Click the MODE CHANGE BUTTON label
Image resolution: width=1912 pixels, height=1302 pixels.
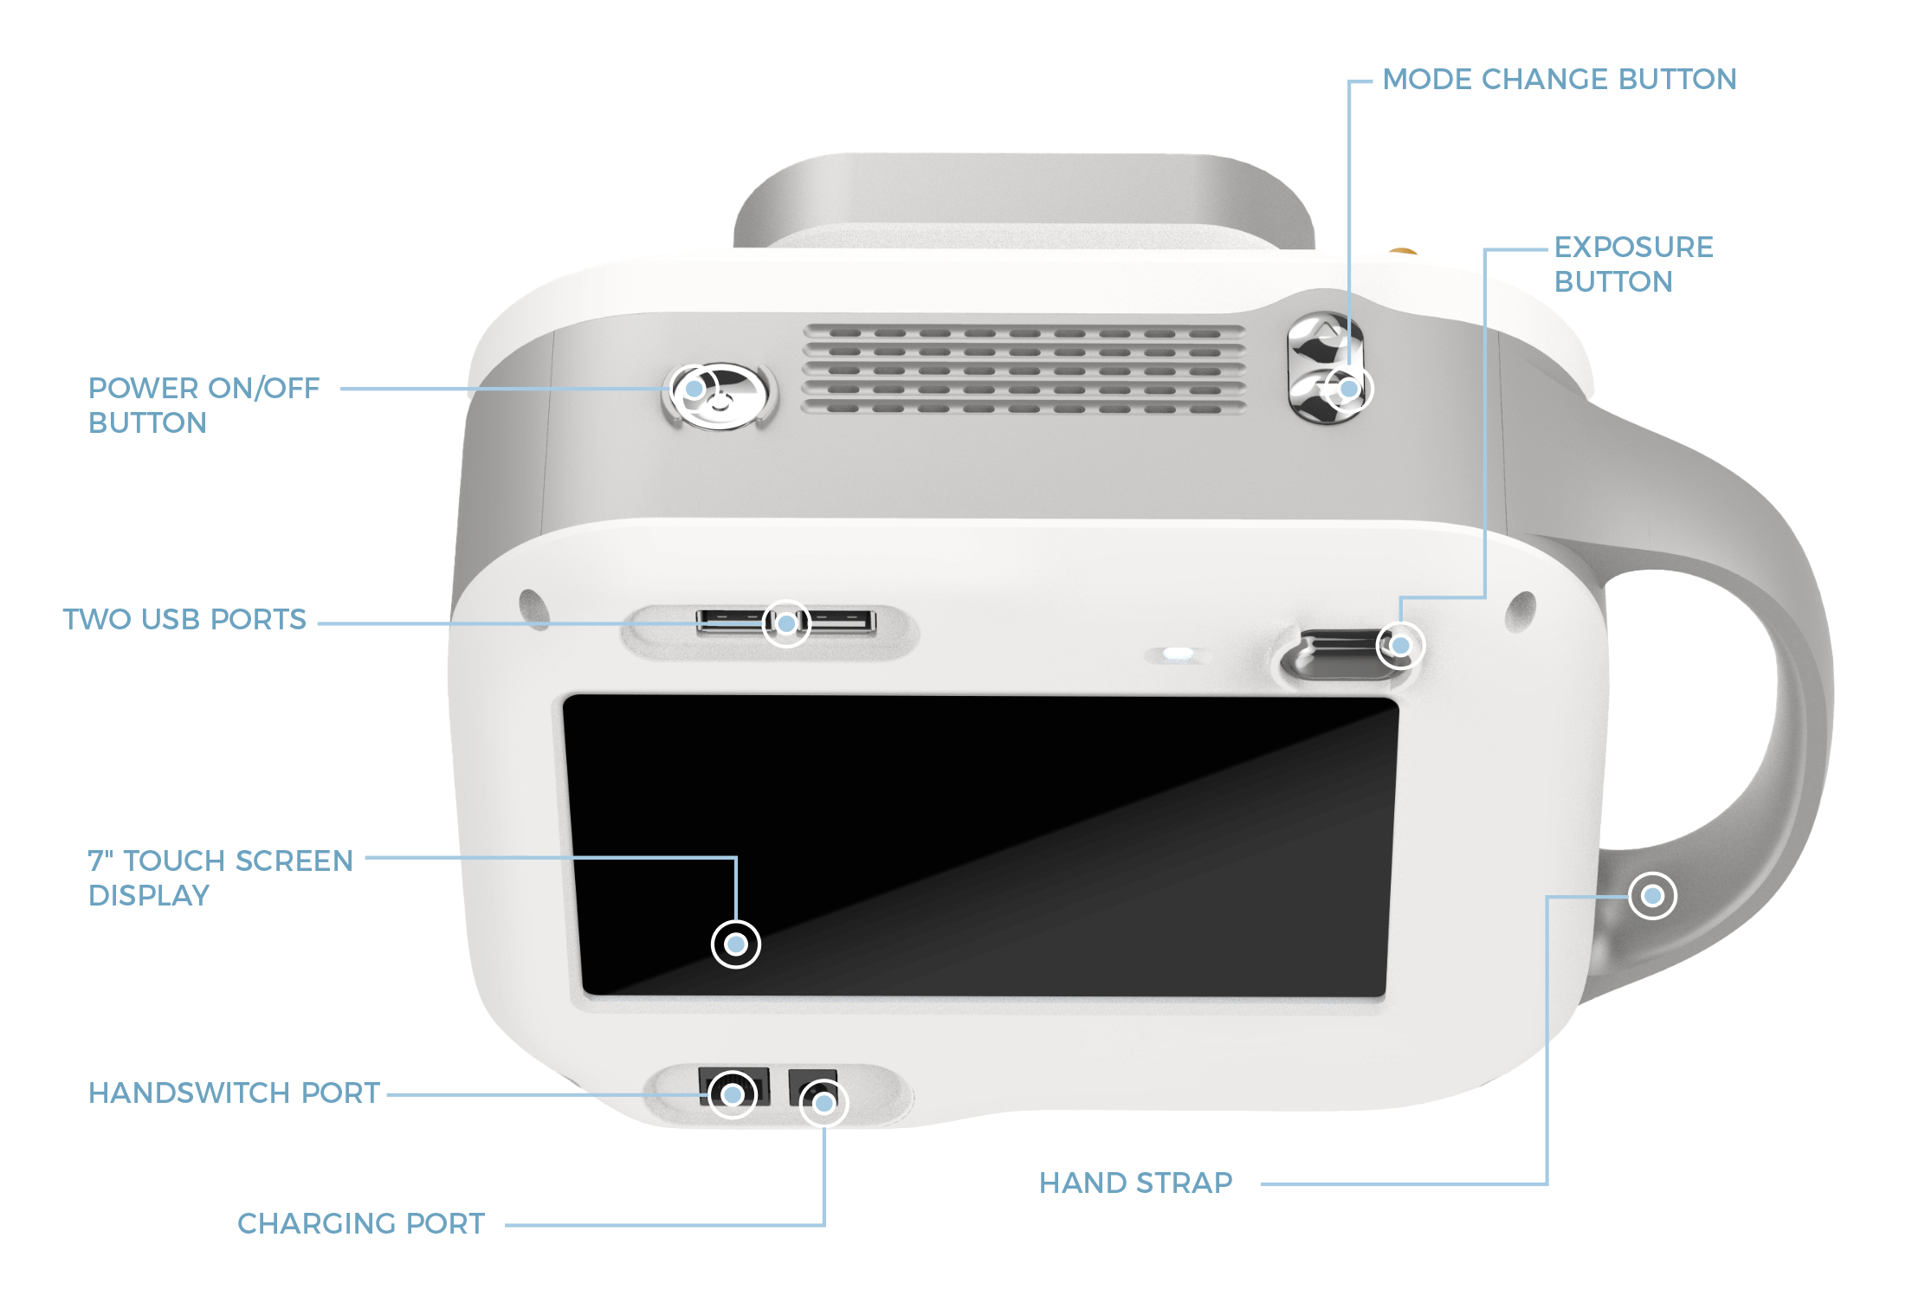click(x=1559, y=80)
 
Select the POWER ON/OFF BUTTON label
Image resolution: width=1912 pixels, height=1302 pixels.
click(x=204, y=405)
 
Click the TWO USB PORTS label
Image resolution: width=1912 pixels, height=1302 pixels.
click(x=184, y=620)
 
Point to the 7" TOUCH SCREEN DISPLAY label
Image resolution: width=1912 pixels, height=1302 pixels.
click(x=220, y=878)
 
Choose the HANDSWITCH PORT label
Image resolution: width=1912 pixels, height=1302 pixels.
click(x=234, y=1093)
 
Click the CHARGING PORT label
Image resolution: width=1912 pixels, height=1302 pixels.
click(x=361, y=1224)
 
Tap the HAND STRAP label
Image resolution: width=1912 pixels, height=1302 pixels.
click(x=1135, y=1183)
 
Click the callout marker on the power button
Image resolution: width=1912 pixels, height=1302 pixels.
click(x=694, y=390)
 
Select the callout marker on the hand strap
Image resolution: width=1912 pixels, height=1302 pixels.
click(x=1652, y=896)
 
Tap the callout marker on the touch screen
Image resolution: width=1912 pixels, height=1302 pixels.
click(x=736, y=944)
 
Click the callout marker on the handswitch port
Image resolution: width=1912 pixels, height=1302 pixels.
click(x=733, y=1095)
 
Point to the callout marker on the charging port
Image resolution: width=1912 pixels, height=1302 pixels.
click(x=824, y=1104)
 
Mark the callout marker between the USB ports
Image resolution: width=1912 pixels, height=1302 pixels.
click(x=786, y=623)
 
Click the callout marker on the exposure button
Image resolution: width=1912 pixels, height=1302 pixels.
click(x=1400, y=646)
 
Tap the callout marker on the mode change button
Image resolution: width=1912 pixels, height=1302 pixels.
click(x=1348, y=390)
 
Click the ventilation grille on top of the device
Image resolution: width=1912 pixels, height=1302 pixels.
click(x=1024, y=370)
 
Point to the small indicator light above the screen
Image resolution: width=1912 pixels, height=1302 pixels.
click(x=1178, y=654)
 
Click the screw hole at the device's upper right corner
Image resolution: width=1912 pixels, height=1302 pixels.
click(x=1521, y=610)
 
